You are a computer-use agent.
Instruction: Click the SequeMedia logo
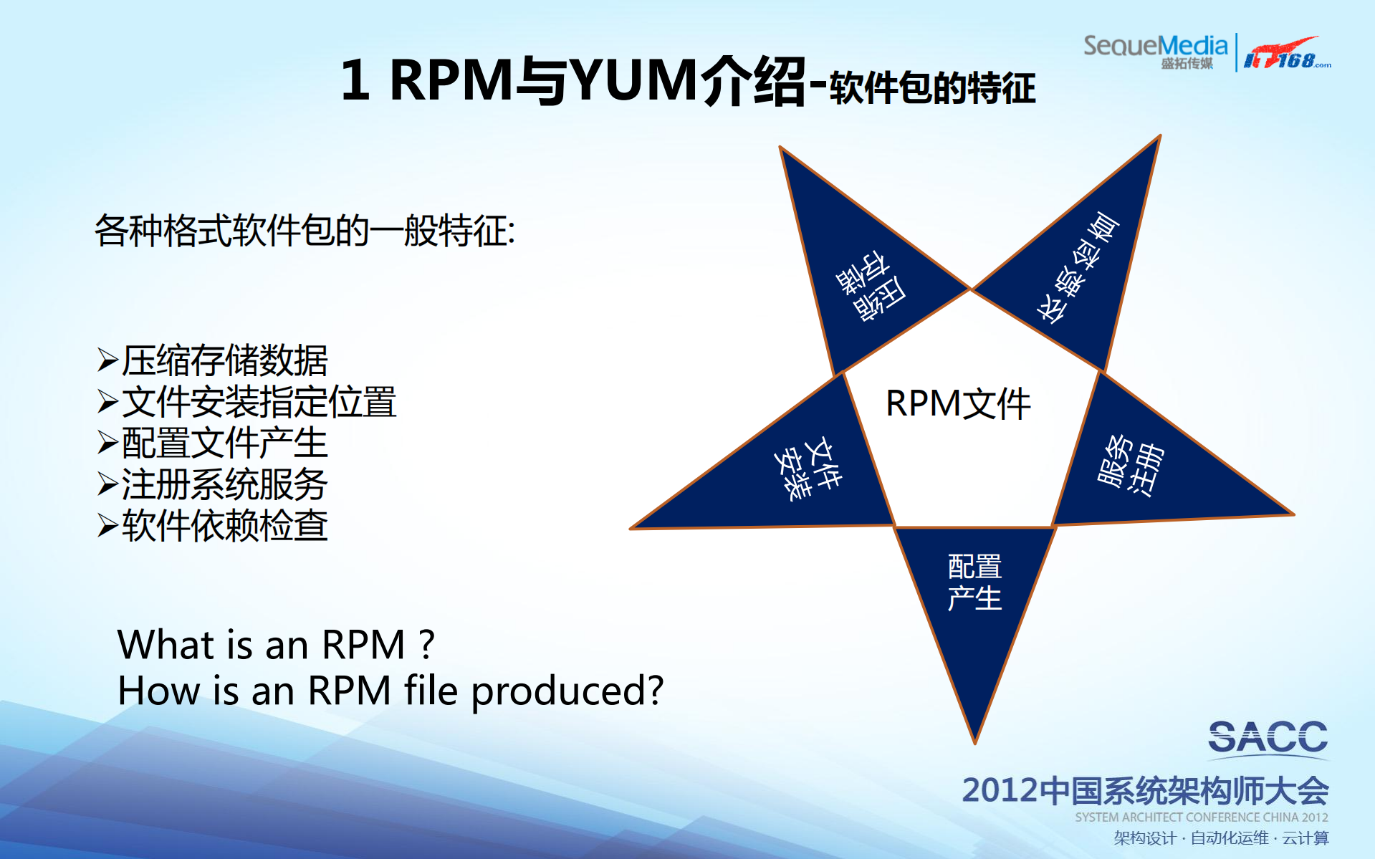[x=1155, y=51]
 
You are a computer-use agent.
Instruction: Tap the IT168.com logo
[x=1286, y=54]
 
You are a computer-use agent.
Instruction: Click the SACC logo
[x=1268, y=738]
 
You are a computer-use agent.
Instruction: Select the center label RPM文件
[x=958, y=403]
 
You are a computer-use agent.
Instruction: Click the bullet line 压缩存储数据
[x=224, y=360]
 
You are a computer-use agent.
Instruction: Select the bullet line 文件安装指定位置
[x=258, y=402]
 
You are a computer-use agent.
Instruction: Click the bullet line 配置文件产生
[x=224, y=443]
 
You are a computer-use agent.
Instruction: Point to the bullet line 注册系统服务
[x=224, y=485]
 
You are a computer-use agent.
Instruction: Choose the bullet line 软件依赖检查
[x=224, y=527]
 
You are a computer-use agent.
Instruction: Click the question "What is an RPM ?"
[x=276, y=645]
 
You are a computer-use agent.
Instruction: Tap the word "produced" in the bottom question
[x=567, y=691]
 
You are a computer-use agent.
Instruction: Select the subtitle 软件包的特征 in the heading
[x=932, y=88]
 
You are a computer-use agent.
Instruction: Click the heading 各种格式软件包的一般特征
[x=305, y=231]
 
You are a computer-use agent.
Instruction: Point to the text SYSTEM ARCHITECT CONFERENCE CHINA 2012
[x=1201, y=817]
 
